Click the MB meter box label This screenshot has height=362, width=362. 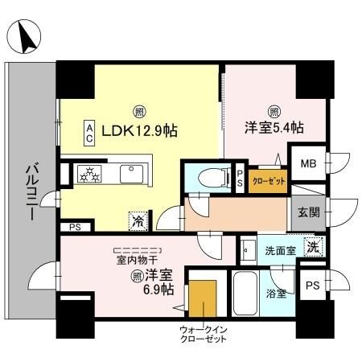click(x=308, y=165)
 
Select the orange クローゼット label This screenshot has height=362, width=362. click(x=266, y=180)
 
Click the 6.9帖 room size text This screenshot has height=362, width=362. click(x=158, y=288)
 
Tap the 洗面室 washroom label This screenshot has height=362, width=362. click(x=280, y=250)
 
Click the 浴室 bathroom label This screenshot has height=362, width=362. click(x=276, y=294)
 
